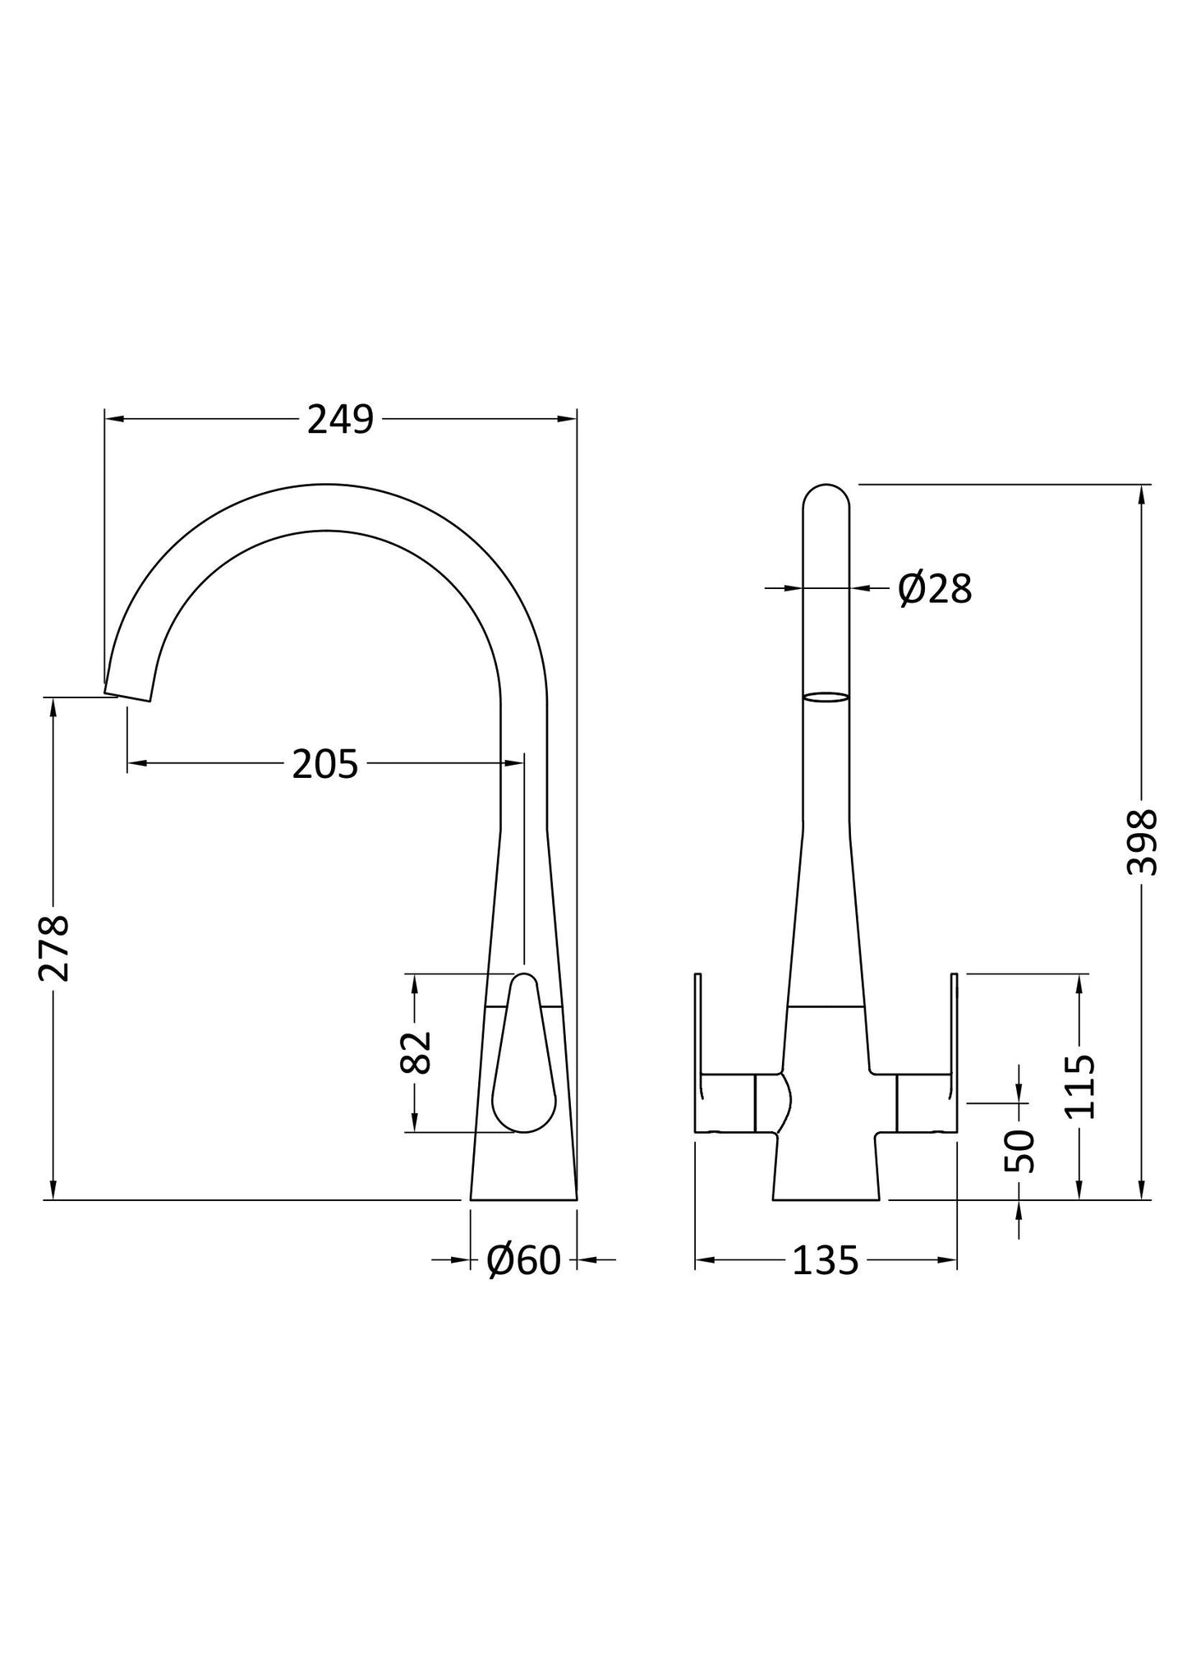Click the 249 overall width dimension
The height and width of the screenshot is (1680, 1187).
point(340,420)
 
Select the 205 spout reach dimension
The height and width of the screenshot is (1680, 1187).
point(325,765)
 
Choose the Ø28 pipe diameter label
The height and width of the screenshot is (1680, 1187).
point(935,589)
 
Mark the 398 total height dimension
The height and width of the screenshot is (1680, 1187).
point(1142,843)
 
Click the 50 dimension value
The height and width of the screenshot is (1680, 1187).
point(1019,1151)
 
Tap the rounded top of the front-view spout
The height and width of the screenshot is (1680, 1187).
point(826,495)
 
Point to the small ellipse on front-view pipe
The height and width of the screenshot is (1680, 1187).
point(826,697)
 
